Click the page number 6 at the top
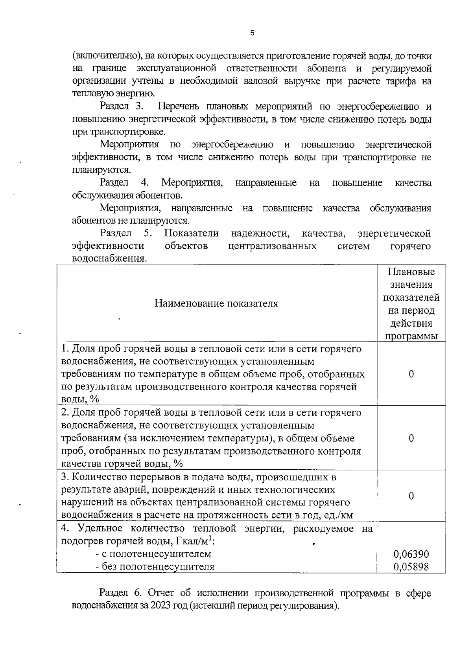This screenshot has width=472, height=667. pyautogui.click(x=252, y=33)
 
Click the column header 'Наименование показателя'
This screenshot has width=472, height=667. pyautogui.click(x=216, y=303)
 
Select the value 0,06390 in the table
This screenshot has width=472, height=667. pyautogui.click(x=411, y=554)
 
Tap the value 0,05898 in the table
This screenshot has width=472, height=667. pyautogui.click(x=411, y=567)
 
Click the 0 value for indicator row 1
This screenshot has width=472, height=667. pyautogui.click(x=411, y=374)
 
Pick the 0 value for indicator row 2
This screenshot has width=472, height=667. pyautogui.click(x=411, y=438)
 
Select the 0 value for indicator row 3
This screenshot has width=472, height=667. pyautogui.click(x=411, y=496)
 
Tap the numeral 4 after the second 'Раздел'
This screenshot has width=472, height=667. pyautogui.click(x=144, y=183)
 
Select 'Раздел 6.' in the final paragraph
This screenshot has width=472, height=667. pyautogui.click(x=121, y=593)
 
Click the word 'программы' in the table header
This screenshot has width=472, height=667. pyautogui.click(x=411, y=336)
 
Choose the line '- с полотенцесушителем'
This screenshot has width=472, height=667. pyautogui.click(x=153, y=554)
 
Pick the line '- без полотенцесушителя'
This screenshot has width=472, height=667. pyautogui.click(x=155, y=567)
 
